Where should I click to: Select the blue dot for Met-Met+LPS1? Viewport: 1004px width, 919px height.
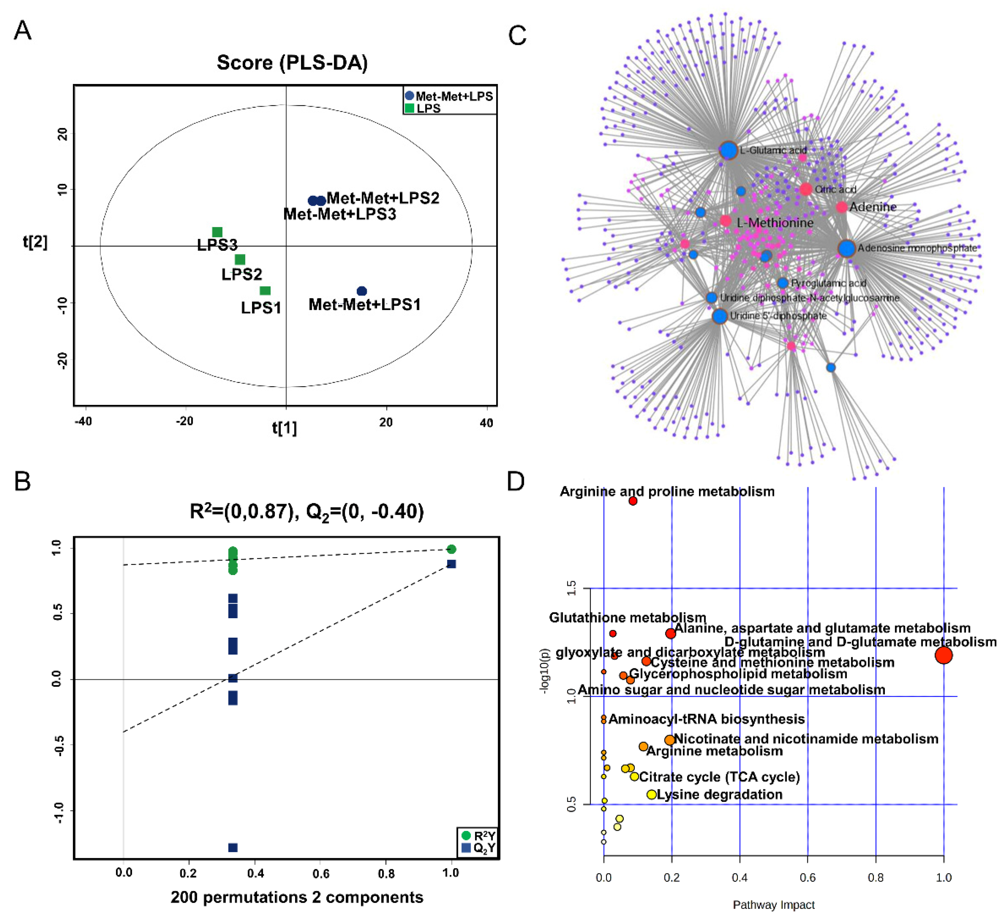click(x=362, y=291)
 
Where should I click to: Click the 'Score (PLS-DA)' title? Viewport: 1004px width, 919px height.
click(x=292, y=63)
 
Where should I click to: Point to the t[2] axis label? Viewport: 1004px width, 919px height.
click(x=35, y=242)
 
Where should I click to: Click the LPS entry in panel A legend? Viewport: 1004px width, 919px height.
click(x=428, y=108)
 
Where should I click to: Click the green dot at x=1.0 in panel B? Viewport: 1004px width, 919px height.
click(x=451, y=549)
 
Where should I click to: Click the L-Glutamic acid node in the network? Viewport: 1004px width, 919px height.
click(x=729, y=150)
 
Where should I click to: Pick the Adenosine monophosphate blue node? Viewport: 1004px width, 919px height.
click(x=846, y=248)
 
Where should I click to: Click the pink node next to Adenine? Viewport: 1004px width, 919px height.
click(x=841, y=207)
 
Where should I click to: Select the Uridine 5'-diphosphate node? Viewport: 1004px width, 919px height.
click(x=719, y=316)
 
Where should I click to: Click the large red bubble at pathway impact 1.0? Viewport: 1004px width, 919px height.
click(x=943, y=655)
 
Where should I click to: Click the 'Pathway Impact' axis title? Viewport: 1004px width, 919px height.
click(x=774, y=905)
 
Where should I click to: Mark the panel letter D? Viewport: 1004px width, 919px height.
click(x=516, y=481)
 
